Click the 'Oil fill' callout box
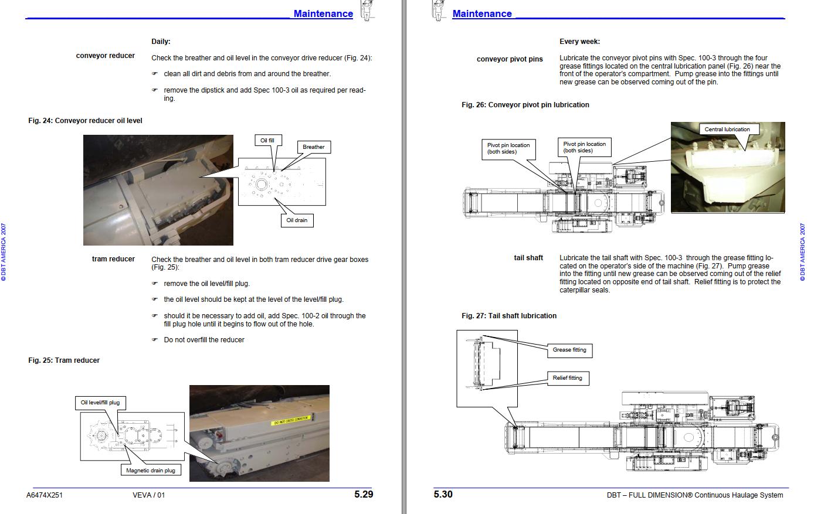pyautogui.click(x=267, y=141)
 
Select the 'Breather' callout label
pyautogui.click(x=313, y=147)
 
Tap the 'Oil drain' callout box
pyautogui.click(x=297, y=220)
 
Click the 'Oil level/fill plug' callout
pyautogui.click(x=100, y=403)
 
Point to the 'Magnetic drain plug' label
pyautogui.click(x=151, y=470)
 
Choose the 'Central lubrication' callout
pyautogui.click(x=727, y=130)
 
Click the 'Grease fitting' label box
pyautogui.click(x=569, y=350)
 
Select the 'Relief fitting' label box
pyautogui.click(x=567, y=378)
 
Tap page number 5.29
pyautogui.click(x=364, y=494)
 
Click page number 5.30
pyautogui.click(x=443, y=494)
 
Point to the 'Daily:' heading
pyautogui.click(x=161, y=42)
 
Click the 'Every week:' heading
pyautogui.click(x=579, y=42)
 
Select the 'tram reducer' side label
pyautogui.click(x=113, y=259)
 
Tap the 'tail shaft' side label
pyautogui.click(x=528, y=258)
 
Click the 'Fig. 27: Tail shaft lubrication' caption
pyautogui.click(x=509, y=316)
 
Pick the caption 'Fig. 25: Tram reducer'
pyautogui.click(x=64, y=360)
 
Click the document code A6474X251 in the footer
pyautogui.click(x=45, y=495)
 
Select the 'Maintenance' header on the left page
pyautogui.click(x=323, y=14)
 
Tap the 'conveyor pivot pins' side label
pyautogui.click(x=510, y=59)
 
